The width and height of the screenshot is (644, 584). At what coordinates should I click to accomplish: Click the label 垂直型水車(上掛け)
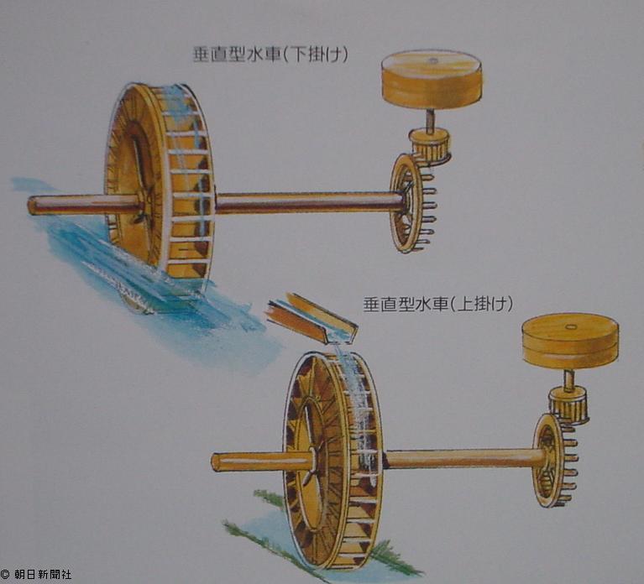pos(437,304)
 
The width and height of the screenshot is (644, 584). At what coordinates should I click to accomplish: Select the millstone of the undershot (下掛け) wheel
pos(432,79)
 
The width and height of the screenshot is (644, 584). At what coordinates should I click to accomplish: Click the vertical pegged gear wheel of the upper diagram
pos(408,203)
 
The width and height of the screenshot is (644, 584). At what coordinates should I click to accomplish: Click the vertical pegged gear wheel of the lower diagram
pos(549,460)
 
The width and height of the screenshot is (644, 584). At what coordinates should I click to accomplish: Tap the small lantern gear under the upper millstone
pos(430,145)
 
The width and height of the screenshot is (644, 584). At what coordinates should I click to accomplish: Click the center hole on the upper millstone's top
pos(432,60)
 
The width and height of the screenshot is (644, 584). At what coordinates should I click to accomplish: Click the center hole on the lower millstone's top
pos(570,325)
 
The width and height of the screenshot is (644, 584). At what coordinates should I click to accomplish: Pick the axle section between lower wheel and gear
pos(462,458)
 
